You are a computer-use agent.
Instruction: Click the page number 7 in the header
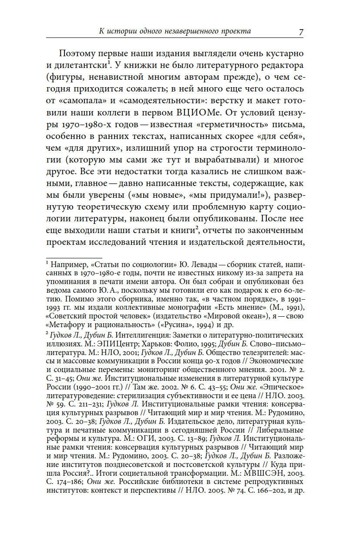click(301, 32)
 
